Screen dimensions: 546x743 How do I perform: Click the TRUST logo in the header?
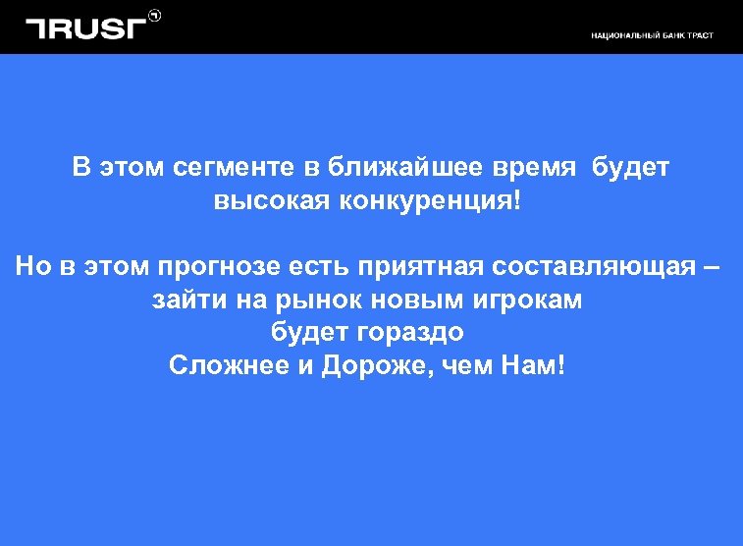click(x=85, y=27)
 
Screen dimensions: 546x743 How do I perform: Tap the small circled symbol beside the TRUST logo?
click(x=154, y=15)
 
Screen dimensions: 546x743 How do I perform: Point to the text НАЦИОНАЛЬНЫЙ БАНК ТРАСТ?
click(x=652, y=36)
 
